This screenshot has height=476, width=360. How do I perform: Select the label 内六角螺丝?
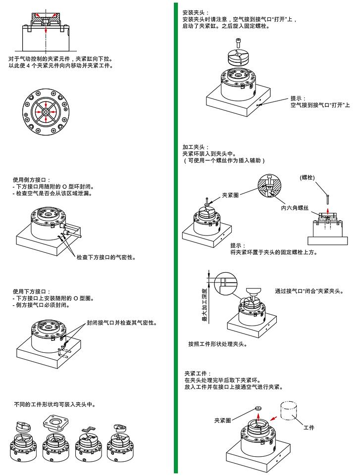coord(295,208)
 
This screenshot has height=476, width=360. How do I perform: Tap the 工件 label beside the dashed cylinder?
coord(309,427)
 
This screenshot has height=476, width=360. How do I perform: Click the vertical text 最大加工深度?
coord(204,307)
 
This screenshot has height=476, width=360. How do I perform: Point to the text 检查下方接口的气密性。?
coord(106,257)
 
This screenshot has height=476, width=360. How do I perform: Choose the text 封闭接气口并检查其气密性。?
coord(121,323)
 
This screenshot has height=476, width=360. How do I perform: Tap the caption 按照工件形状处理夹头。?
coord(217,343)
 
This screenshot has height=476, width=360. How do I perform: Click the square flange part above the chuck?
coord(54,423)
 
